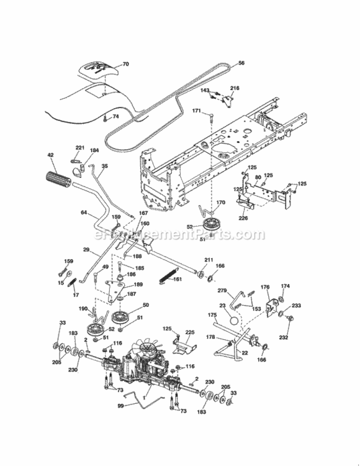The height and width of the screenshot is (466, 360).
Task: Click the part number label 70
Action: pyautogui.click(x=125, y=64)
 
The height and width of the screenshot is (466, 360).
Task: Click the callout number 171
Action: pyautogui.click(x=196, y=111)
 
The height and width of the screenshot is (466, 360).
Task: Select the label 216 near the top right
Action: pyautogui.click(x=235, y=89)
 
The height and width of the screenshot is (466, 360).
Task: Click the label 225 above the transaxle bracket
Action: pyautogui.click(x=190, y=332)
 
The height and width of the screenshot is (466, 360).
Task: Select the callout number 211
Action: pyautogui.click(x=209, y=260)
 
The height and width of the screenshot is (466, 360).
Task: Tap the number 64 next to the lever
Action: pyautogui.click(x=84, y=213)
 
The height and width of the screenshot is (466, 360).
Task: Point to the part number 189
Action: pyautogui.click(x=138, y=284)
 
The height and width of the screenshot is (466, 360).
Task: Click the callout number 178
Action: pyautogui.click(x=210, y=337)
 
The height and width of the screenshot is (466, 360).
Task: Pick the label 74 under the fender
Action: pyautogui.click(x=115, y=117)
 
